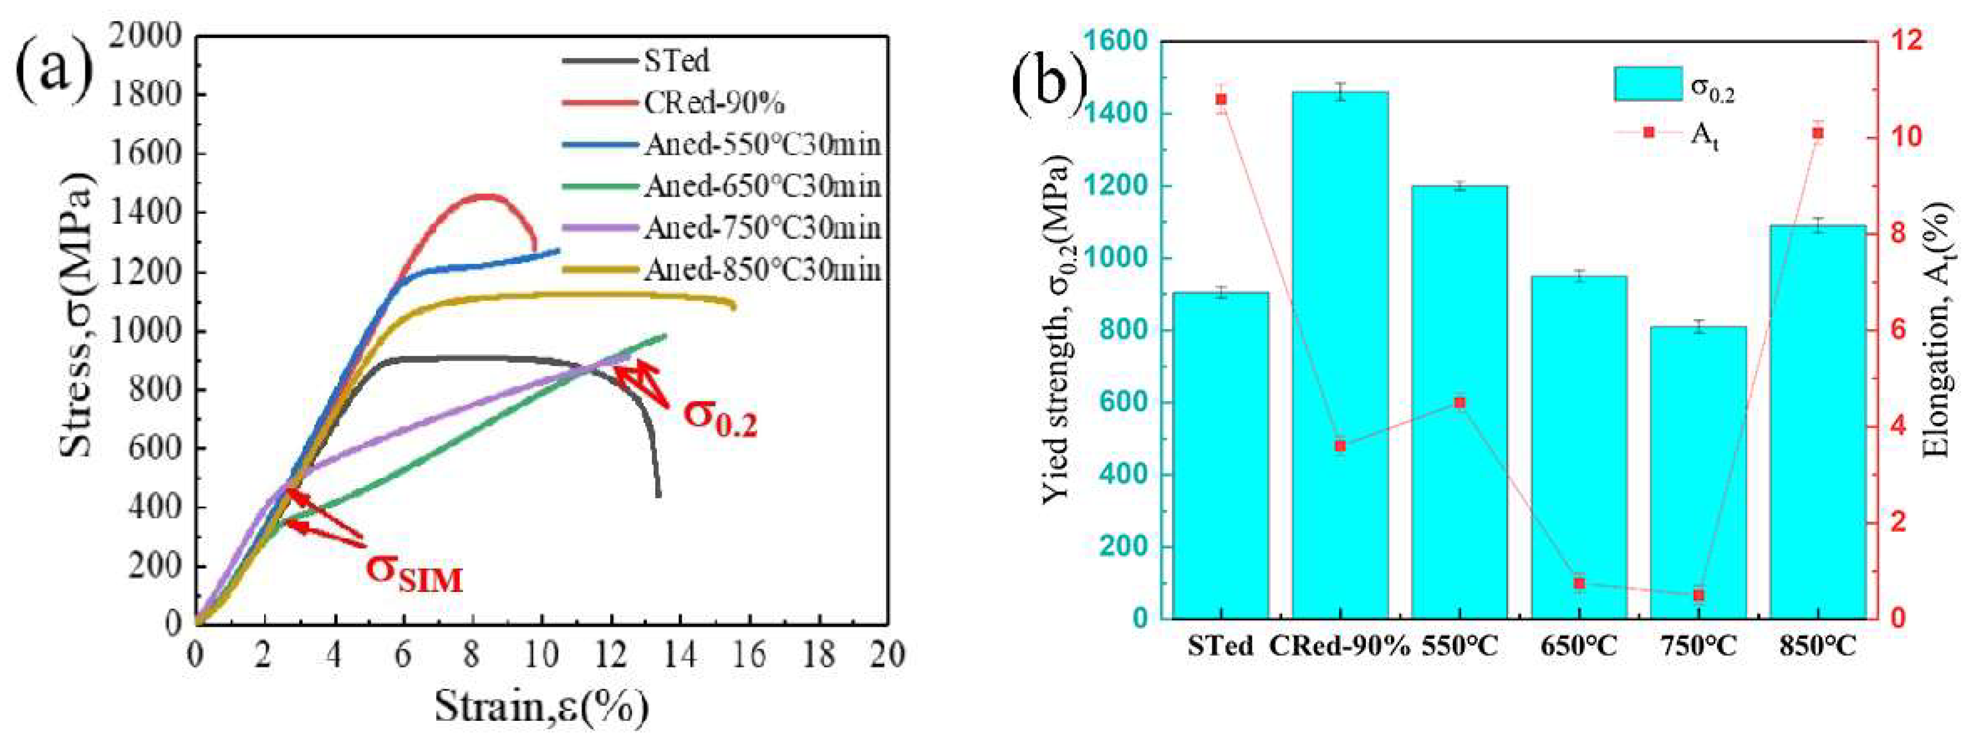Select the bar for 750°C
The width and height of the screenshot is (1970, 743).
coord(1698,474)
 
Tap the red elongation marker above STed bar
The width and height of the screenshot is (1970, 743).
coord(1221,99)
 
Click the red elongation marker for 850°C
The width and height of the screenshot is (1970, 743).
coord(1818,132)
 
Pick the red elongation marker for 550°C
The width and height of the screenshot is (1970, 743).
coord(1459,403)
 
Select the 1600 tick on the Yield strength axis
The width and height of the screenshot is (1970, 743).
coord(1115,42)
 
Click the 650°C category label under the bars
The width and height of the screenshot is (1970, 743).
coord(1579,647)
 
